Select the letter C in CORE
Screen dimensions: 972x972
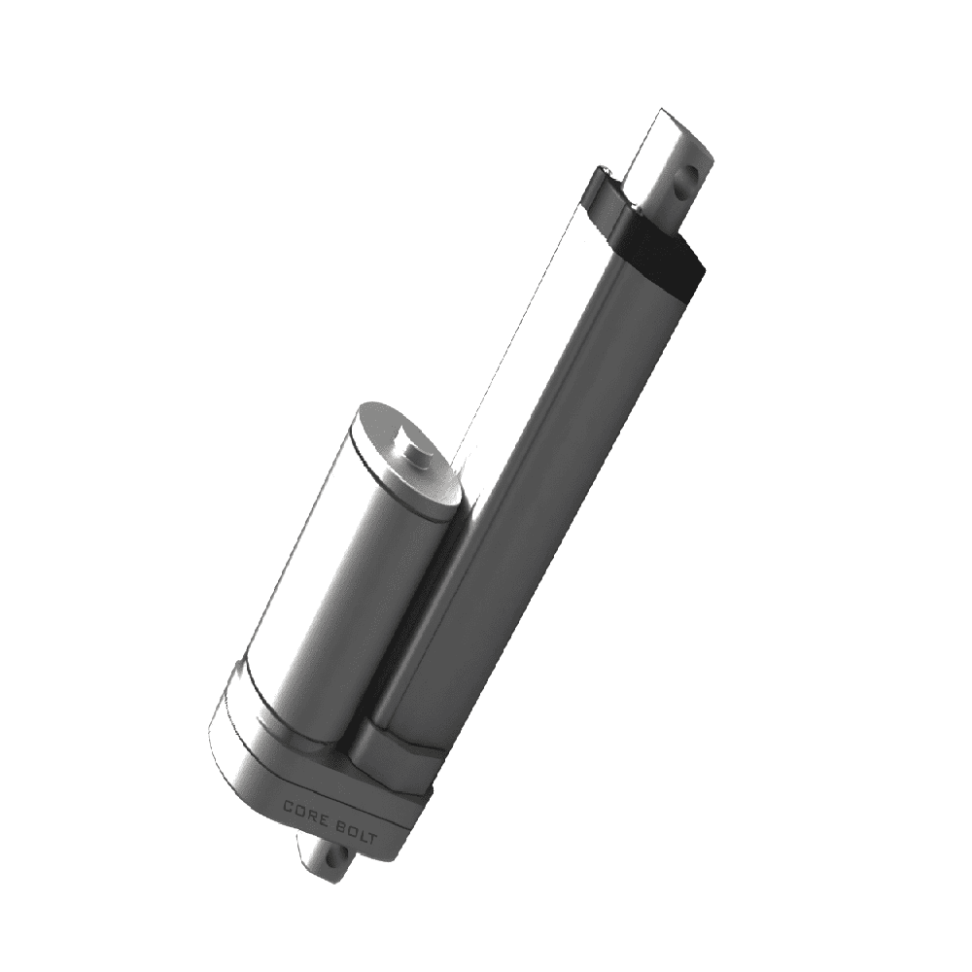(289, 804)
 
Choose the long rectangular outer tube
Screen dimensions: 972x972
(525, 486)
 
